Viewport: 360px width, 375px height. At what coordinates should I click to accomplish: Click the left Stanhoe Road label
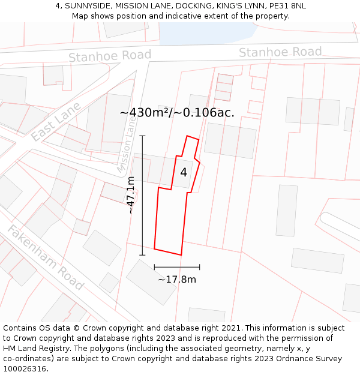[x=110, y=56]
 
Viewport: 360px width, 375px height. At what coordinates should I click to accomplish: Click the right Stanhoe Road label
[x=280, y=52]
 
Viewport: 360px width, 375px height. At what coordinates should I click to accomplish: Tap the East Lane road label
[x=55, y=122]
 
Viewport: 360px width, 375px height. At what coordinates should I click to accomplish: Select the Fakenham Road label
[x=46, y=257]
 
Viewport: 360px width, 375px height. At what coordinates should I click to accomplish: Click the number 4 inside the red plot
[x=184, y=173]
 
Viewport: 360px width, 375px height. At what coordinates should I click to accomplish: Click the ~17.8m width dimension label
[x=177, y=279]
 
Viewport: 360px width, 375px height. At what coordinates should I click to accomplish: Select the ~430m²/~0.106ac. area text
[x=177, y=112]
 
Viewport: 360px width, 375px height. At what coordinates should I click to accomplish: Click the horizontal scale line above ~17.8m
[x=177, y=267]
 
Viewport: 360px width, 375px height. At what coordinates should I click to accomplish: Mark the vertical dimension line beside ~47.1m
[x=142, y=196]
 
